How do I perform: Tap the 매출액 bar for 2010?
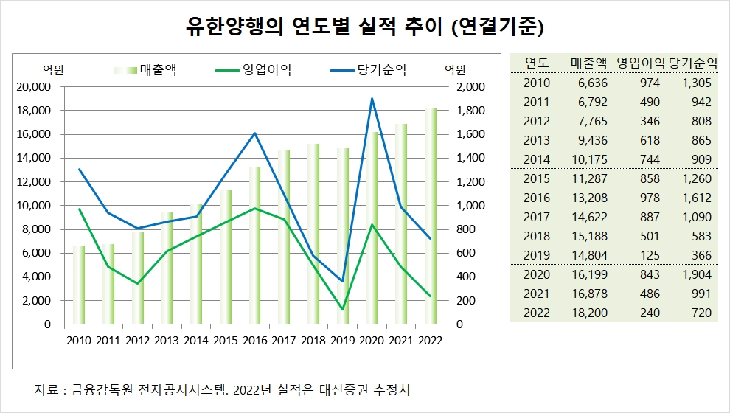(x=78, y=285)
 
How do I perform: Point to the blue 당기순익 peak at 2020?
(x=372, y=99)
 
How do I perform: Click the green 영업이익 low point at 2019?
(x=343, y=309)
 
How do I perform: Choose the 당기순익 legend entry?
(x=382, y=71)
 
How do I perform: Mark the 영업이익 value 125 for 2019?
(x=639, y=255)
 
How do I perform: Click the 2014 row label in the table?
(x=536, y=159)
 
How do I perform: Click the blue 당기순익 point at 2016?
(x=254, y=133)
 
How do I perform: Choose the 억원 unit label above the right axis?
(x=455, y=71)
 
